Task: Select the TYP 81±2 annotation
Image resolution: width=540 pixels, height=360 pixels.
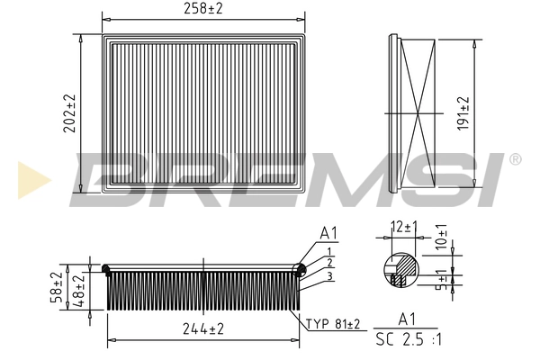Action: click(x=334, y=323)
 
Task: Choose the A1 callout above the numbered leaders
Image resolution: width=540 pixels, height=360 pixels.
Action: click(x=329, y=232)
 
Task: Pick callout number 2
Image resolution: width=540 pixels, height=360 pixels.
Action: click(x=330, y=262)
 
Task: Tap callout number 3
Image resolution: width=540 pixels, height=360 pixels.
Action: click(x=330, y=275)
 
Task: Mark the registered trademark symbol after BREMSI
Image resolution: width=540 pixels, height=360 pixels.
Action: click(x=514, y=160)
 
